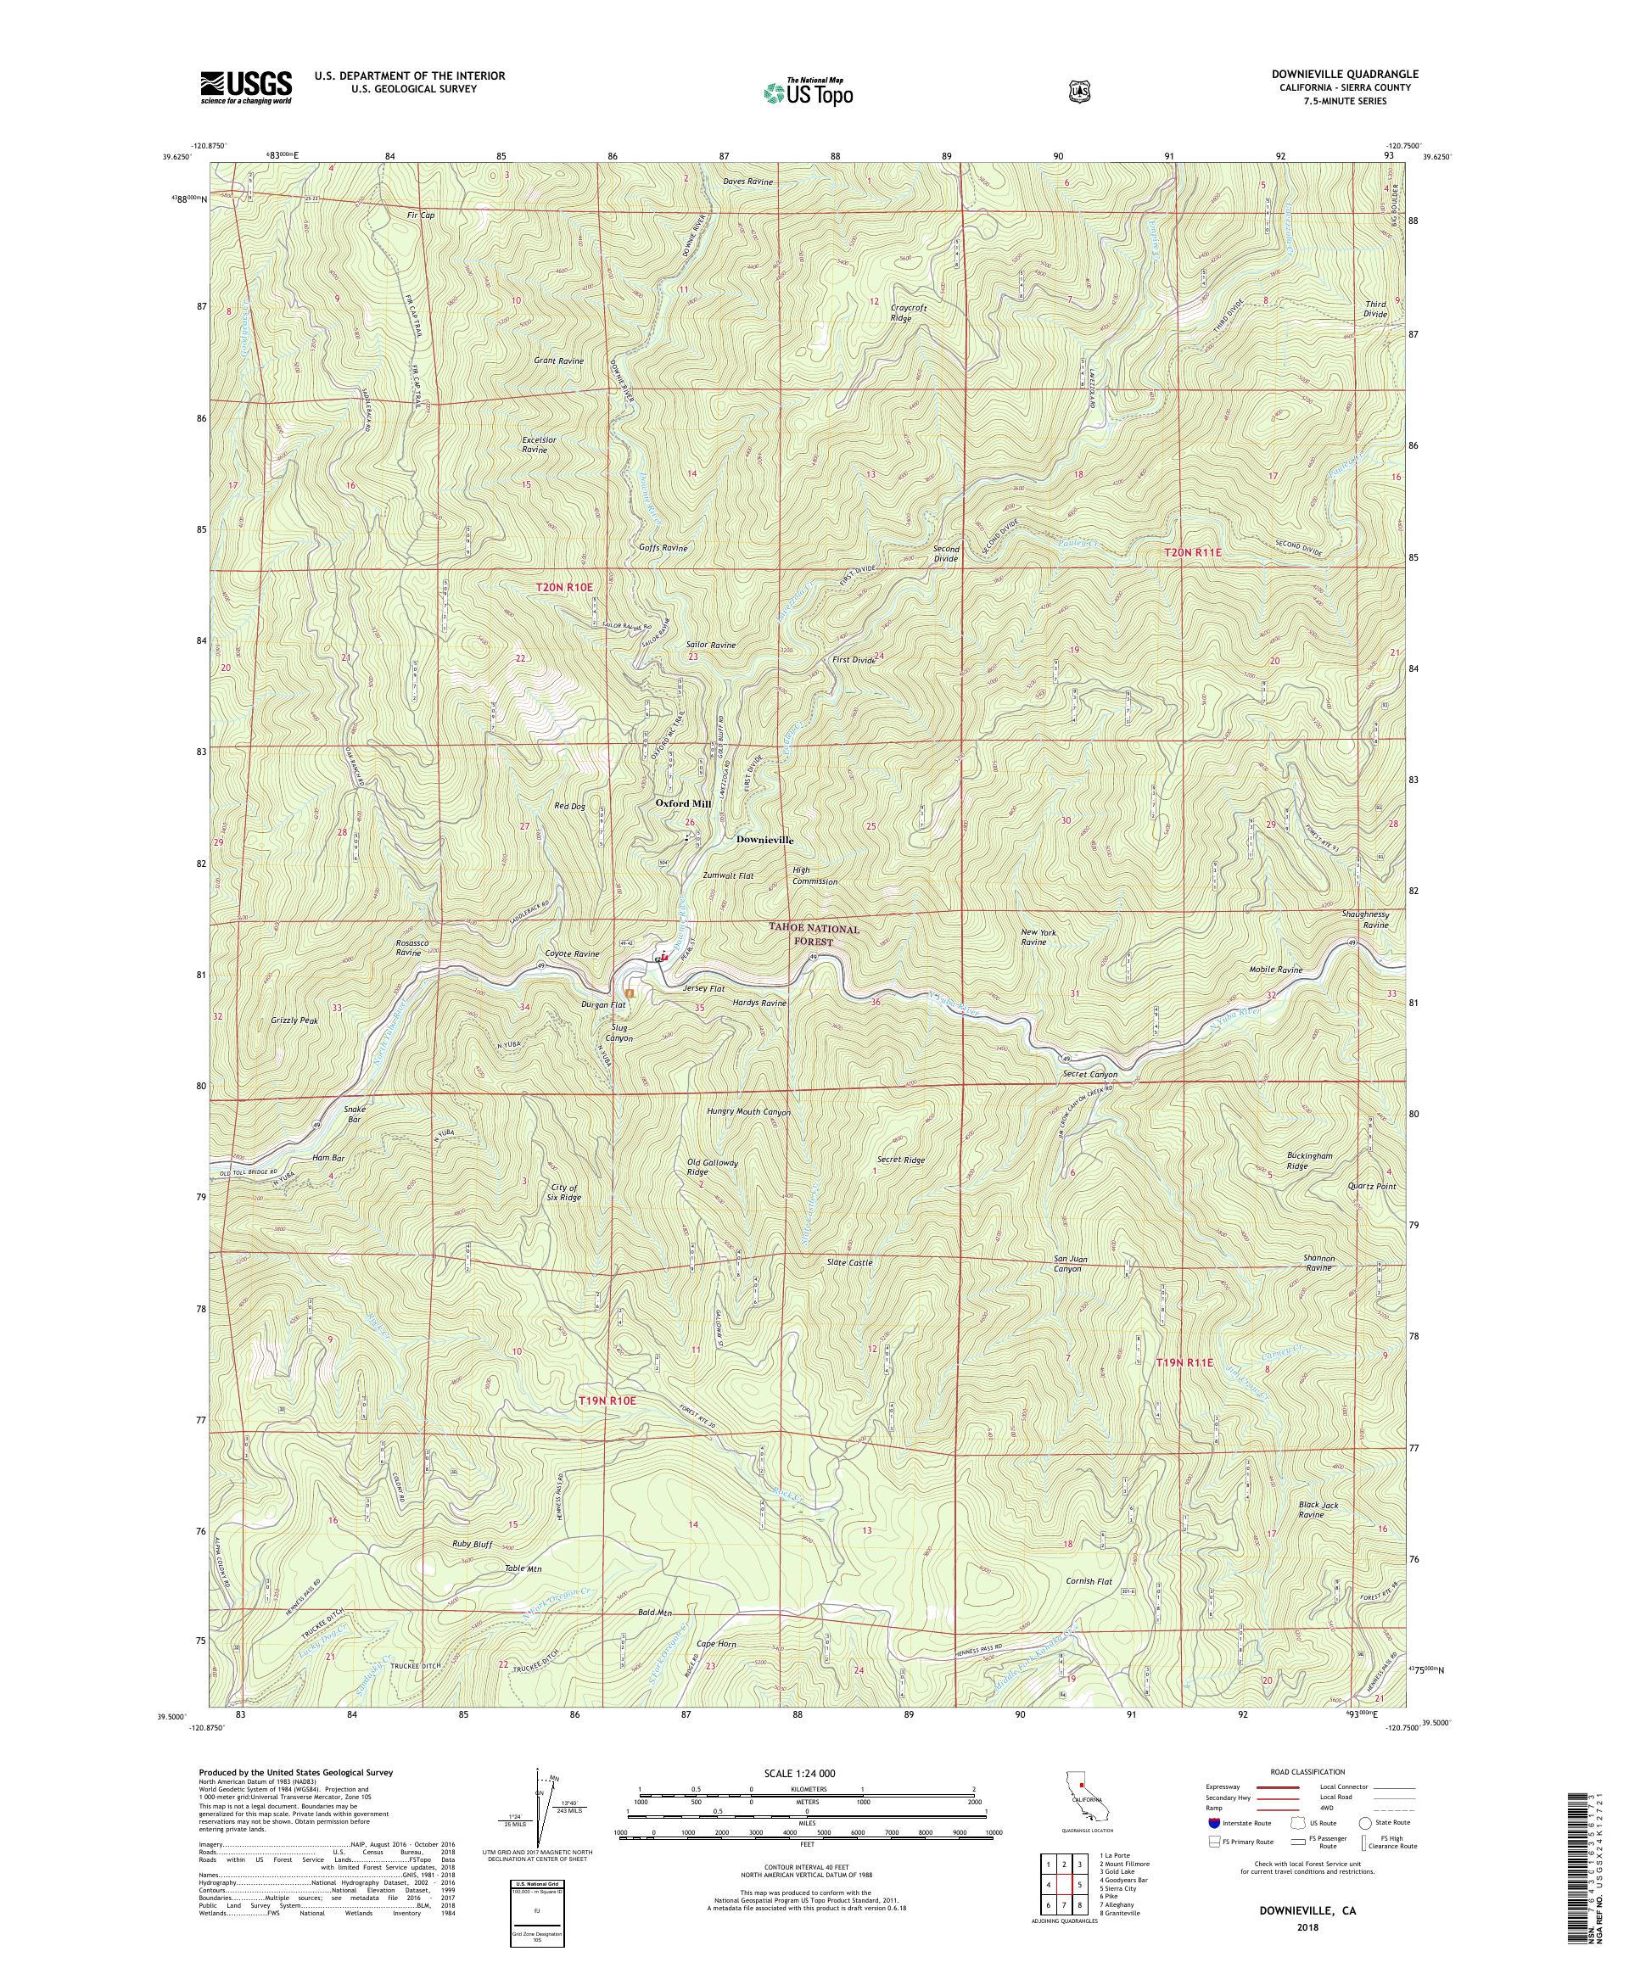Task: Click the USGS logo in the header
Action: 244,88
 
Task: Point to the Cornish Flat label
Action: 1089,1608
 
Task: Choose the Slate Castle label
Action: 849,1262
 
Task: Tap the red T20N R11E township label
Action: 1193,553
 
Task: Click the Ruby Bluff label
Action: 473,1544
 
